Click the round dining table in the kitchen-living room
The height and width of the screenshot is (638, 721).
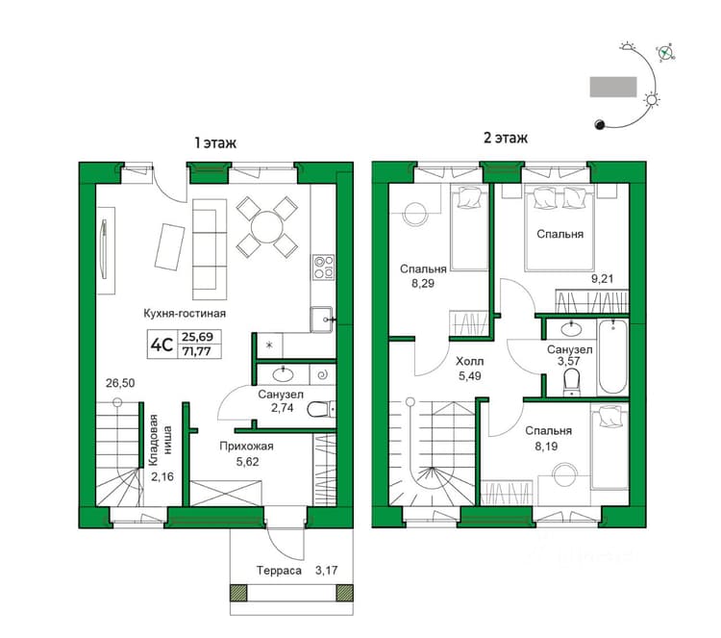pyautogui.click(x=266, y=227)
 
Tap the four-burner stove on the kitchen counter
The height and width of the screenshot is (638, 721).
pyautogui.click(x=323, y=268)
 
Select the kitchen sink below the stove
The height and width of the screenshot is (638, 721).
pyautogui.click(x=321, y=319)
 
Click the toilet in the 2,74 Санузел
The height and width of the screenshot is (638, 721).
pyautogui.click(x=320, y=409)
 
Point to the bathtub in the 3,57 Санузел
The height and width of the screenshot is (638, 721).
pyautogui.click(x=612, y=357)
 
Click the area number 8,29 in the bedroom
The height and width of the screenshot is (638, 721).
pyautogui.click(x=423, y=284)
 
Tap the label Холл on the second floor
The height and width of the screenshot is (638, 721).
pyautogui.click(x=469, y=361)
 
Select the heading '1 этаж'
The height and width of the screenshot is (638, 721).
pyautogui.click(x=215, y=142)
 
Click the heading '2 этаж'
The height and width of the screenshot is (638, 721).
pyautogui.click(x=506, y=138)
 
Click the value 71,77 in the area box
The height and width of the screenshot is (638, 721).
pyautogui.click(x=197, y=352)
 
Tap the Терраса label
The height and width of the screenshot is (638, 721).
pyautogui.click(x=279, y=571)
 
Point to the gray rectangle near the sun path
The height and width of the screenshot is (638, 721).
pyautogui.click(x=613, y=87)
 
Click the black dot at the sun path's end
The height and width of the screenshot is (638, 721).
pyautogui.click(x=599, y=124)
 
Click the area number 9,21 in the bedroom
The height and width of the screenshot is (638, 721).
pyautogui.click(x=602, y=278)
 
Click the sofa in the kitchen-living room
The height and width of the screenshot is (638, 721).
pyautogui.click(x=210, y=249)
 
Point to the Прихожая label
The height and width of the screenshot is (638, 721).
pyautogui.click(x=246, y=447)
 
